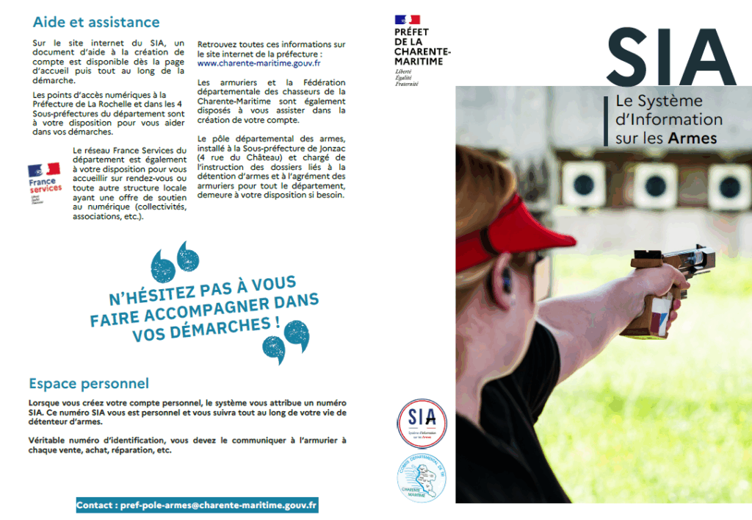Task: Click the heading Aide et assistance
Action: [x=95, y=23]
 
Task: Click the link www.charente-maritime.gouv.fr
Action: [x=258, y=63]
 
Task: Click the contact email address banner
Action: [x=197, y=505]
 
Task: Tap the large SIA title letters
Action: [x=670, y=59]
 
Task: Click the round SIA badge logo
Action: [x=422, y=424]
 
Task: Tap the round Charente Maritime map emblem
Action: [x=422, y=478]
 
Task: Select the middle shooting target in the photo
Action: [x=655, y=184]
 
